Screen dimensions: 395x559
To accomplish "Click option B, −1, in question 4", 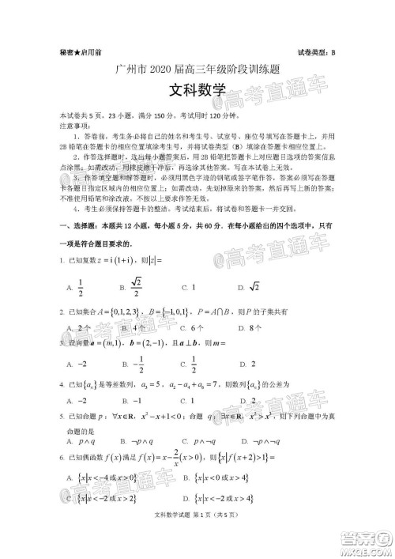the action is tap(132, 399).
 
